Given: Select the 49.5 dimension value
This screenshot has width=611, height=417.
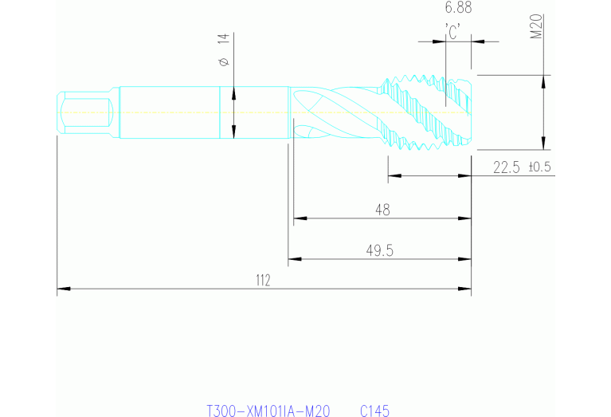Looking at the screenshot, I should (x=380, y=250).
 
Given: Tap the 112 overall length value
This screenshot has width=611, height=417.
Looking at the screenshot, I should (x=263, y=280).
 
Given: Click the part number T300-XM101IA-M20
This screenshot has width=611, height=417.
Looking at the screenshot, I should (x=268, y=411).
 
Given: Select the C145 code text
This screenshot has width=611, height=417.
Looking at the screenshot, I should (x=374, y=411).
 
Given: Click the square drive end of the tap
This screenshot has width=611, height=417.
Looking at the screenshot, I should (x=84, y=112).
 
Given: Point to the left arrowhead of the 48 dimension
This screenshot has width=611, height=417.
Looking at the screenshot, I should (x=299, y=218).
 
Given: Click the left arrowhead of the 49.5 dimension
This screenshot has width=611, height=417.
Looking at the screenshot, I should (x=293, y=258).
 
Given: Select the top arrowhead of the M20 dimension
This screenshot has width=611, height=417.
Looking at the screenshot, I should (x=545, y=80).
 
